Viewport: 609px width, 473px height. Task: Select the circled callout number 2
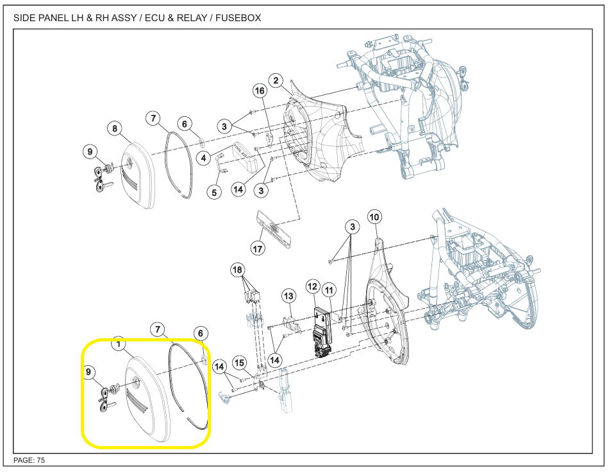click(x=276, y=81)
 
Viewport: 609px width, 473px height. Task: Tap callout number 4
click(x=203, y=157)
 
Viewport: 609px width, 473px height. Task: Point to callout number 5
click(x=214, y=191)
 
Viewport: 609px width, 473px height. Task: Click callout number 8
click(x=115, y=129)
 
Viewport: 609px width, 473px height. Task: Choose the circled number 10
click(x=374, y=216)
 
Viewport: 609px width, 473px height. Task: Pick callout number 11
click(x=329, y=291)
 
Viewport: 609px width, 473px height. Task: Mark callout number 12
click(x=312, y=286)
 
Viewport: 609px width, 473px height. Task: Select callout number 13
click(x=288, y=296)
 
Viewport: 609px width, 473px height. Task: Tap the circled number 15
click(x=240, y=363)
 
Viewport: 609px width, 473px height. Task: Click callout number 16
click(x=260, y=92)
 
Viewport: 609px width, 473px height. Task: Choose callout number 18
click(x=238, y=270)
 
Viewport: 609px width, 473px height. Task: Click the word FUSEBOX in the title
click(x=237, y=18)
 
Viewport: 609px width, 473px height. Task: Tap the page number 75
click(x=40, y=460)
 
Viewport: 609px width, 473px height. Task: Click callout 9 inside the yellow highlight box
click(x=89, y=372)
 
